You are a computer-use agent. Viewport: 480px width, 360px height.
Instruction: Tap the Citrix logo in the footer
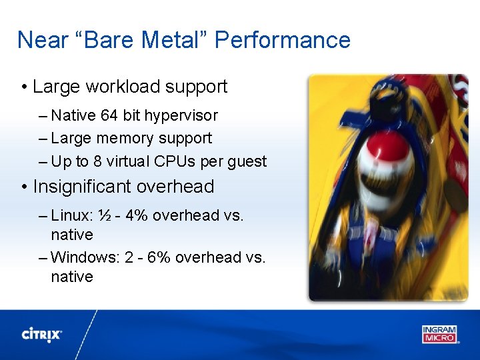42,334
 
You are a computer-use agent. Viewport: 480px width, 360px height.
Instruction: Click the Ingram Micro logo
440,333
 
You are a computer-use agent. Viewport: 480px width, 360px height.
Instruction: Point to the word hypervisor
181,115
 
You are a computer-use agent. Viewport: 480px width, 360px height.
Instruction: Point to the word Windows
84,257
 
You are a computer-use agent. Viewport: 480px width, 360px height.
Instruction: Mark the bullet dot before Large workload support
23,87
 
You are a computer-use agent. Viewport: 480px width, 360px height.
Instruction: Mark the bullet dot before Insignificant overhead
23,187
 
